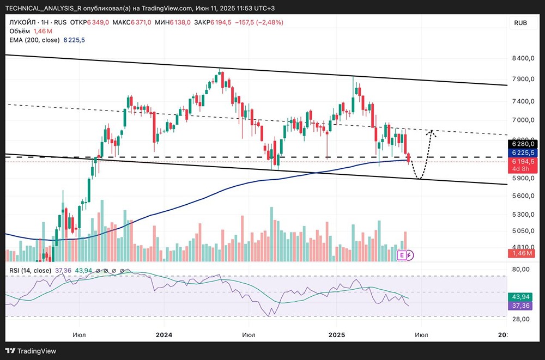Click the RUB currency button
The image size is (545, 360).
click(520, 22)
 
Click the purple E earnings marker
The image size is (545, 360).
click(402, 254)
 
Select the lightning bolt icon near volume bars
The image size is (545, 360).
click(410, 254)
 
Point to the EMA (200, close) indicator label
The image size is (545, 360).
click(34, 40)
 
